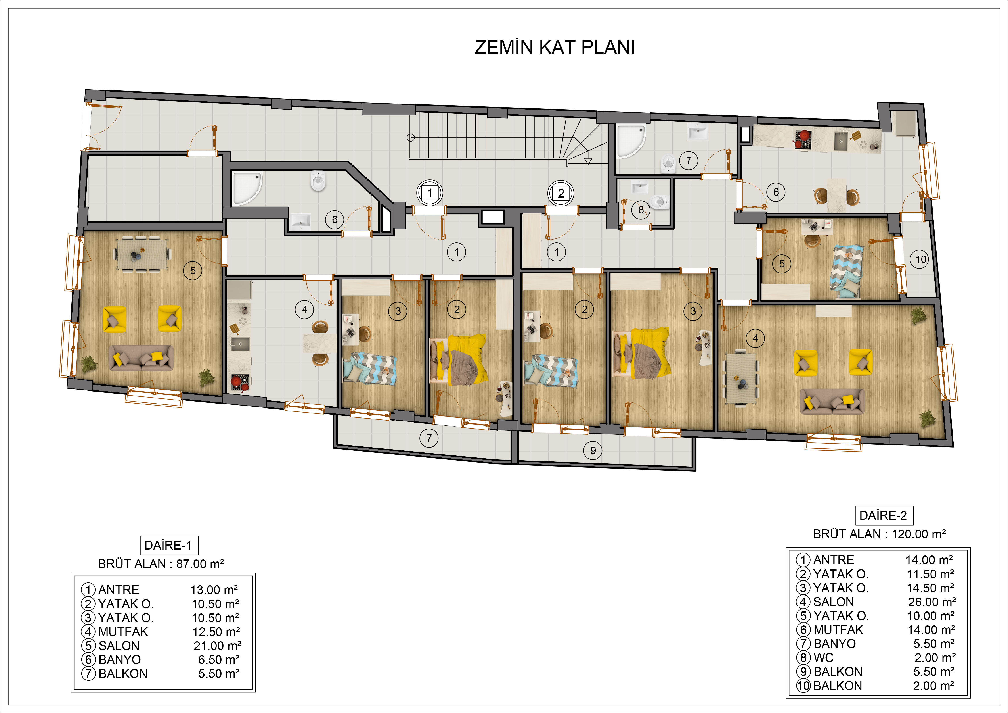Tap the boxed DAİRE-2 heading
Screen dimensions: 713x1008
[883, 515]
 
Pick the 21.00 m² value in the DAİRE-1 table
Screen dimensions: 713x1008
[217, 645]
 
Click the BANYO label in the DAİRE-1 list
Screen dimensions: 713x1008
[119, 659]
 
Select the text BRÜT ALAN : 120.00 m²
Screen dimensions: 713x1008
[879, 534]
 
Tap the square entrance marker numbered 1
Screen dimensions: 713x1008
[430, 193]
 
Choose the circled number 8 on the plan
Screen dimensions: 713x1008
[641, 210]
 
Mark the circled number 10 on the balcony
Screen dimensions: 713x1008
[921, 259]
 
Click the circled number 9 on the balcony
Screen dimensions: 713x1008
[593, 450]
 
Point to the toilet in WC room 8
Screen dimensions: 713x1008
[658, 202]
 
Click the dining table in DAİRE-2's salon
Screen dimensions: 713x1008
[741, 379]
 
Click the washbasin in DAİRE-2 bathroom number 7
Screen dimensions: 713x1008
[697, 132]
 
